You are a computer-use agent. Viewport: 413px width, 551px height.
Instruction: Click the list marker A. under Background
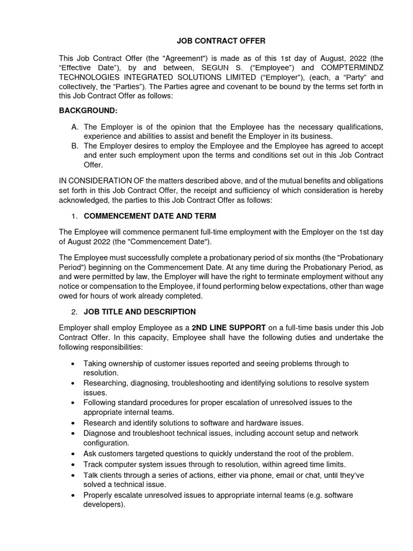(x=74, y=126)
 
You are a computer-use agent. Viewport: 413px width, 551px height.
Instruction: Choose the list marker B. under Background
(x=74, y=145)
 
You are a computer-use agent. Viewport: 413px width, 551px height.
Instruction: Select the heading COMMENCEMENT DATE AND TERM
(x=150, y=216)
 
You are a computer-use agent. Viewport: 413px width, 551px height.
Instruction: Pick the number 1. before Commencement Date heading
(x=74, y=216)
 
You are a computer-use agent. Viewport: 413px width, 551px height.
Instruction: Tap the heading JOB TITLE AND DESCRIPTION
(x=140, y=312)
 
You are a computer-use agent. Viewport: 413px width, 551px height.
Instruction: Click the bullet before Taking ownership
(x=73, y=364)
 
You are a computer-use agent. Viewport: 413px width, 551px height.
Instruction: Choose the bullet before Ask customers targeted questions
(x=73, y=454)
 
